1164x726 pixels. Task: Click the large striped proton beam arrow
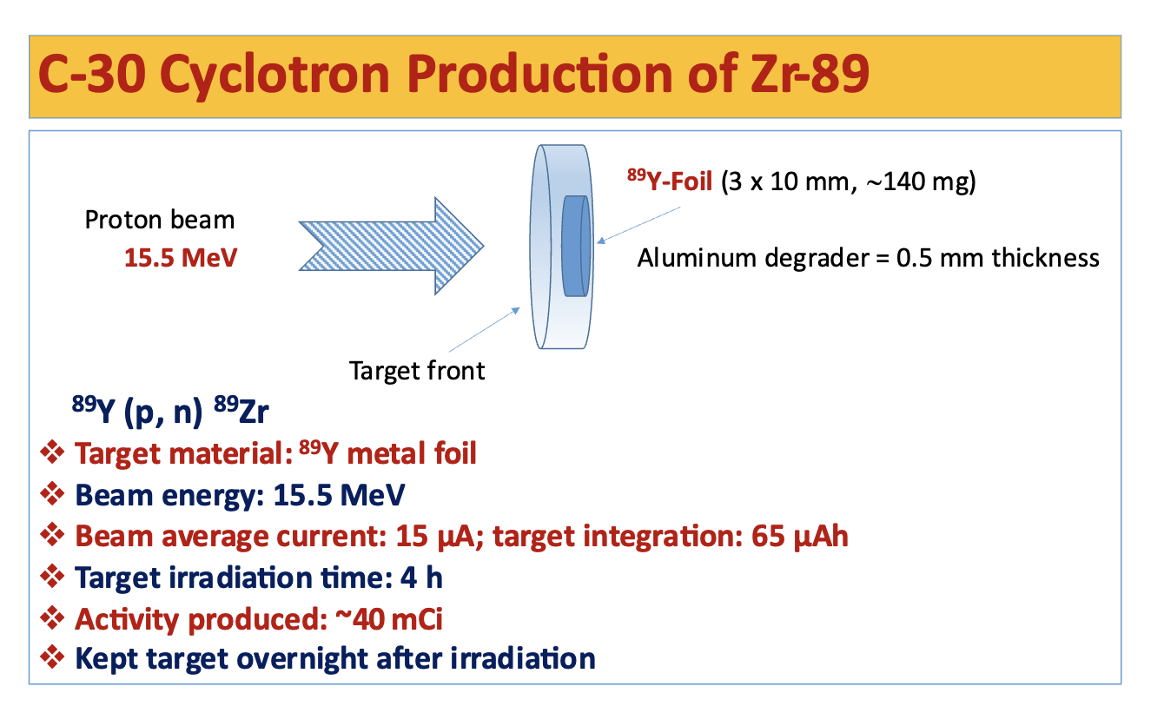[x=390, y=247]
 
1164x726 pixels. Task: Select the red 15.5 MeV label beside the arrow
[x=180, y=258]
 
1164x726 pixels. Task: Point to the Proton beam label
[x=160, y=220]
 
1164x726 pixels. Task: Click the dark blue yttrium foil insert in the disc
[x=575, y=245]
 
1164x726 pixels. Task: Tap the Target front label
[x=417, y=371]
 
